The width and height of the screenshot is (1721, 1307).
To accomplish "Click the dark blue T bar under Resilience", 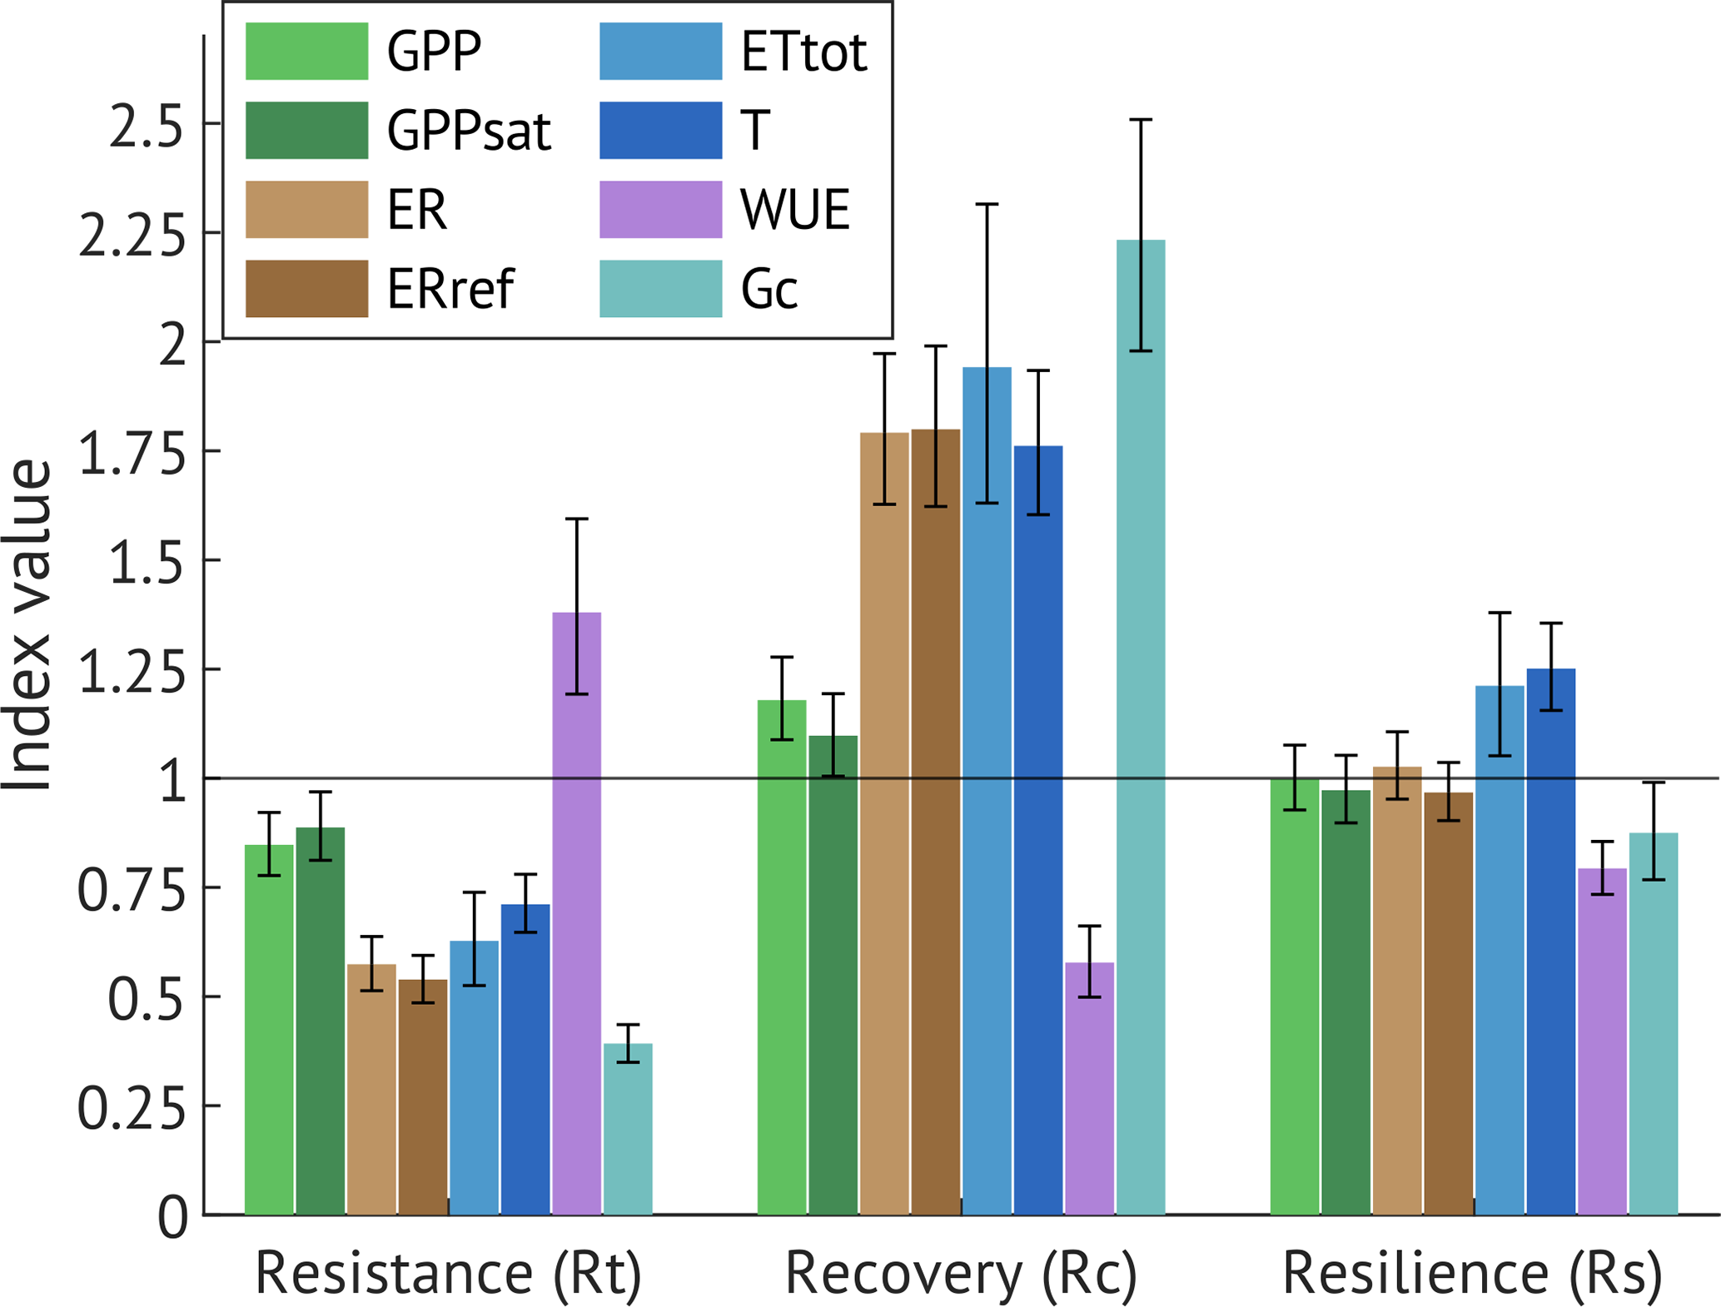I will click(x=1550, y=942).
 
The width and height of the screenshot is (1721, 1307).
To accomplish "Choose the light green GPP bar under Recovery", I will click(x=782, y=957).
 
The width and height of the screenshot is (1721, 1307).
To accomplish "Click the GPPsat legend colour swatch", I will click(x=306, y=131).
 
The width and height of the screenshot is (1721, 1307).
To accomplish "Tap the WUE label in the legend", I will click(x=795, y=210).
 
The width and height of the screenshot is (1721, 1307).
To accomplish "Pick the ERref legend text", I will click(x=450, y=289).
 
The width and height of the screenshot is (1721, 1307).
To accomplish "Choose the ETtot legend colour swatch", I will click(x=660, y=52).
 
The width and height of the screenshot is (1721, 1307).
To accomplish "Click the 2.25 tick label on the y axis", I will click(x=132, y=236).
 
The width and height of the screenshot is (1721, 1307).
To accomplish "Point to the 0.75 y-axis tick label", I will click(x=132, y=891).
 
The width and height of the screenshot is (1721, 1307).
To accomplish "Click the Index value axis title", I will click(x=27, y=625).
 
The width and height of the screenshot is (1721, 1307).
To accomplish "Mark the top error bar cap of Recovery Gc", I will click(x=1141, y=120).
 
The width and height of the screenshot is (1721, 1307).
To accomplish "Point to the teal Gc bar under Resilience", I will click(x=1653, y=1023).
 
